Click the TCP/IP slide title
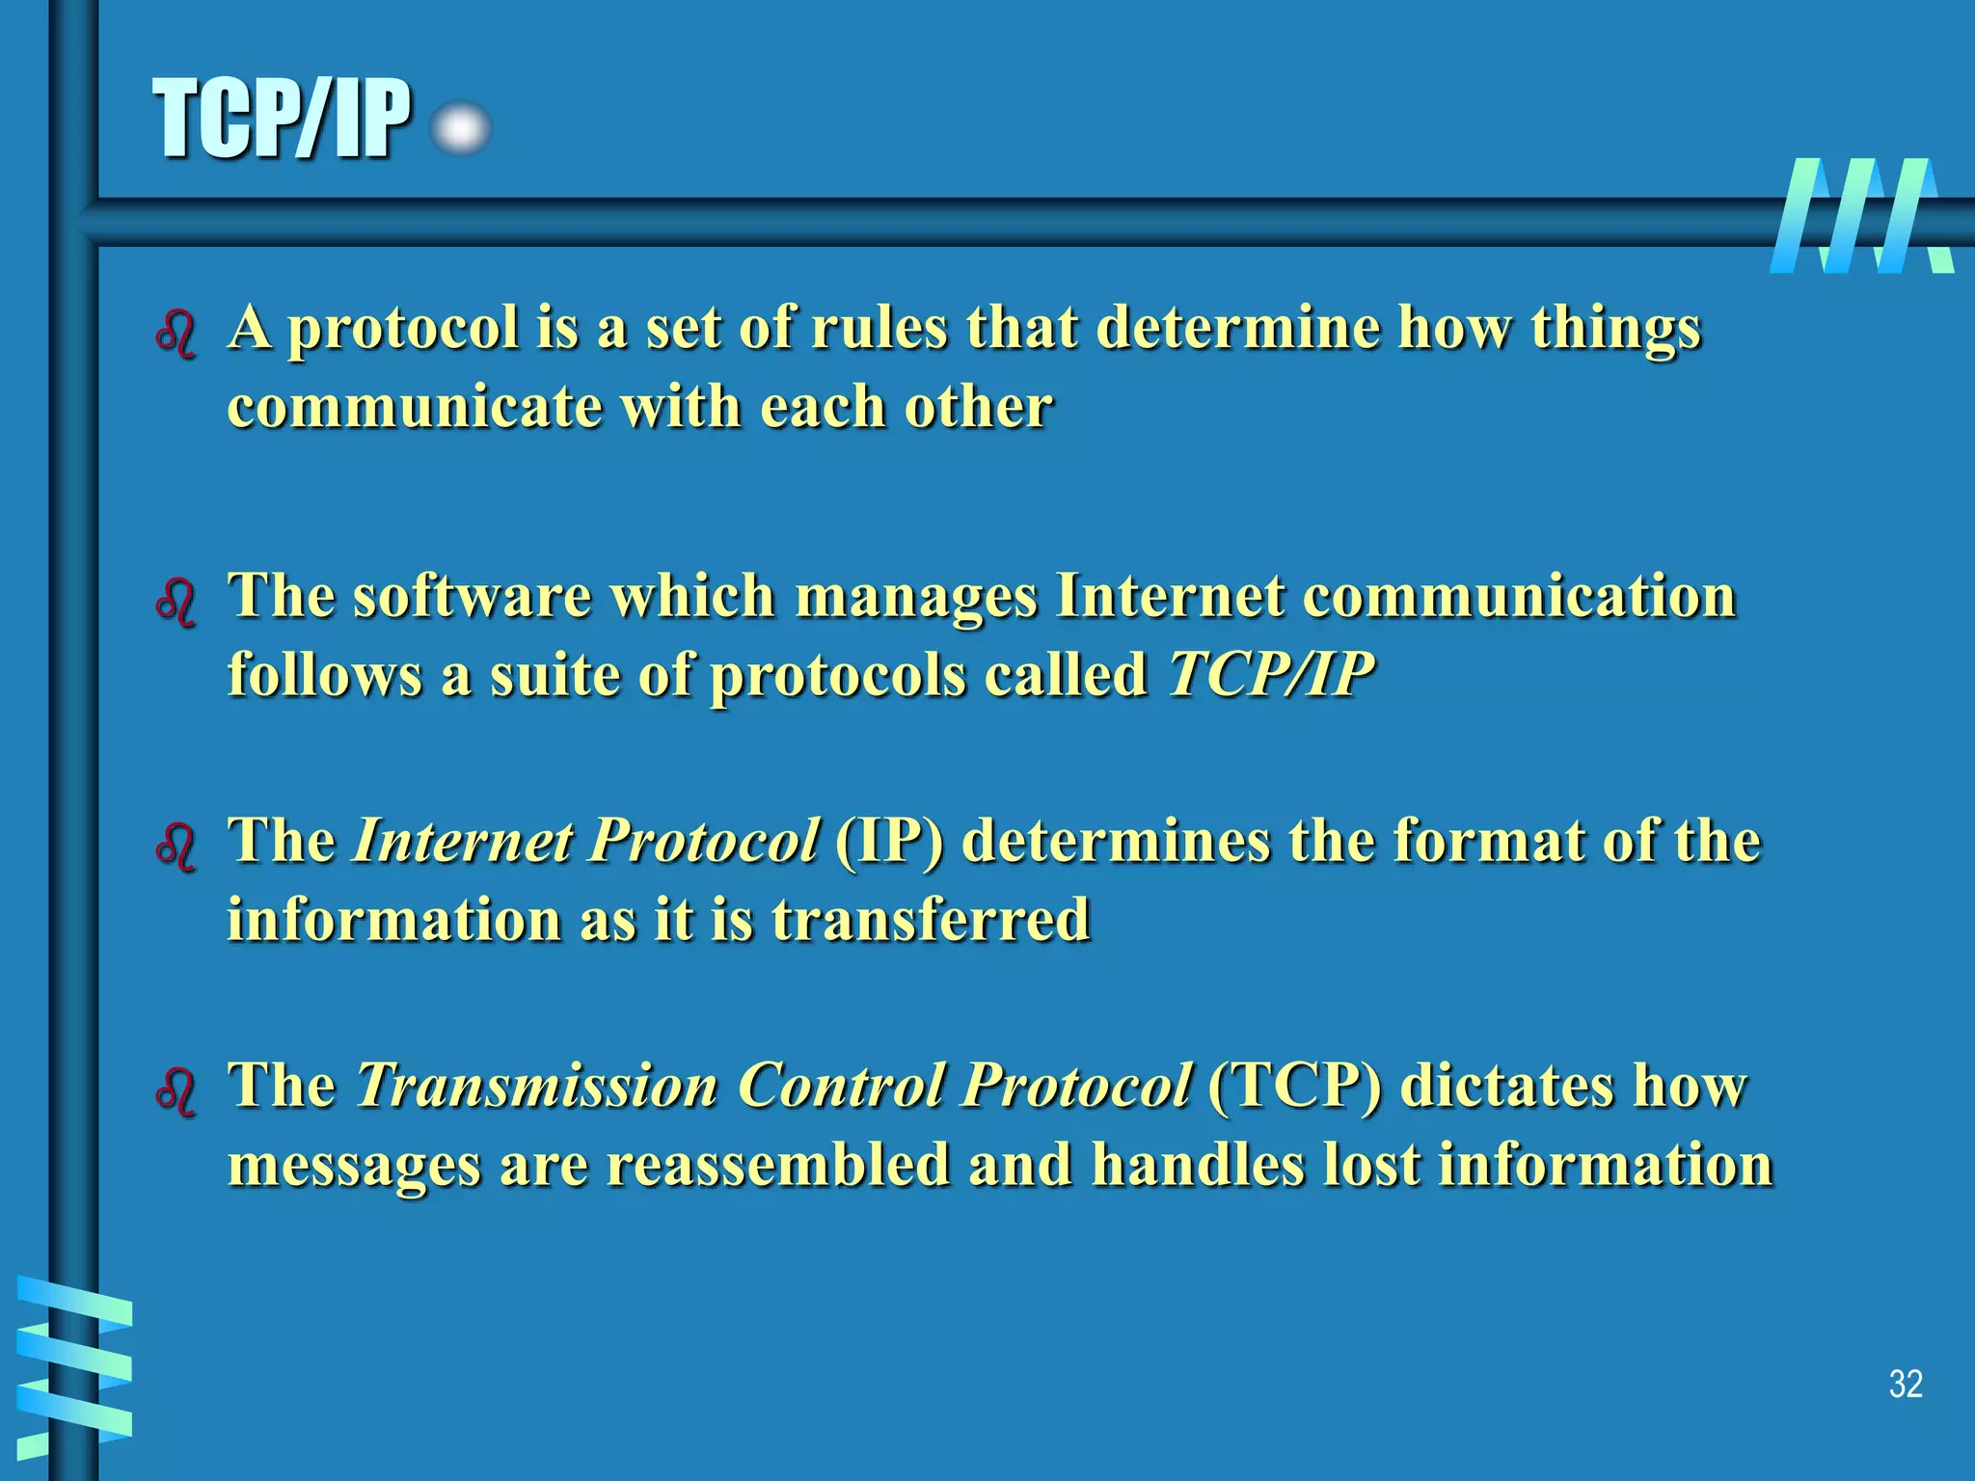coord(282,120)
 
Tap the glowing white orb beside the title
coord(461,129)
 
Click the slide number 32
coord(1906,1384)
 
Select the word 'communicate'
coord(414,407)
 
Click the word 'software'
coord(471,596)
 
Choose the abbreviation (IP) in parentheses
coord(889,841)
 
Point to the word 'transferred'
coord(931,919)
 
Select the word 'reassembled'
coord(777,1165)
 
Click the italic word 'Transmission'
coord(537,1086)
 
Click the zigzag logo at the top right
coord(1861,216)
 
